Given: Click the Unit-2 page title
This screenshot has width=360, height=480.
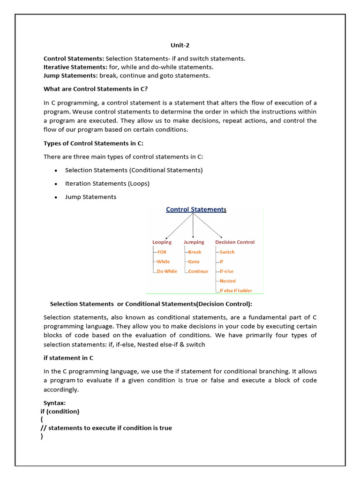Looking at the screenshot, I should (x=180, y=45).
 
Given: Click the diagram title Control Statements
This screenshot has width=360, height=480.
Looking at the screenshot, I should (x=196, y=210).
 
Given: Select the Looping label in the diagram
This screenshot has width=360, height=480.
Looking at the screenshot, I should (x=162, y=242).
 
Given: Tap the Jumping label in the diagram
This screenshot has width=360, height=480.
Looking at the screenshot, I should (x=194, y=242).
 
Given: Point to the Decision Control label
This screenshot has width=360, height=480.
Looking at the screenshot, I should (x=235, y=242).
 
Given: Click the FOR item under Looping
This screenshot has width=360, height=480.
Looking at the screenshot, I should (x=162, y=252).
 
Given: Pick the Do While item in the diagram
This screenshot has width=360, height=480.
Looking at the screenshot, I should (x=167, y=271).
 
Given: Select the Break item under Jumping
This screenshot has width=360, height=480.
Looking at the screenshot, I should (x=195, y=252).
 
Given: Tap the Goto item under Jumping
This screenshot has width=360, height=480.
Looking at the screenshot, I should (x=194, y=262).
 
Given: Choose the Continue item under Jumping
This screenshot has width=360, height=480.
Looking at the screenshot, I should (x=198, y=271).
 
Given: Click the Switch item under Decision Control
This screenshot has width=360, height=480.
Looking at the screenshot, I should (x=227, y=252).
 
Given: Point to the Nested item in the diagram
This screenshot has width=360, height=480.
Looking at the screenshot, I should (x=227, y=281).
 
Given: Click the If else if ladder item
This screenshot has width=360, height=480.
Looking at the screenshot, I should (x=236, y=291).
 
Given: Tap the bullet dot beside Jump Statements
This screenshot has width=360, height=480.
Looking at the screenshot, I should (x=56, y=197).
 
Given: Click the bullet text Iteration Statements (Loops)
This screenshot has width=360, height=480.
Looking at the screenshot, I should (x=107, y=184).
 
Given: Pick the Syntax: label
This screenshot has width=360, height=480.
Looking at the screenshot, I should (x=55, y=403).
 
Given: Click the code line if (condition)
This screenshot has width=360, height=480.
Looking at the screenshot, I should (x=60, y=412).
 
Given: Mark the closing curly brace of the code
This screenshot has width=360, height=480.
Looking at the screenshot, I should (x=42, y=436).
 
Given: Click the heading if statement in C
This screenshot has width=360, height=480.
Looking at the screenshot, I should (x=68, y=358).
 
